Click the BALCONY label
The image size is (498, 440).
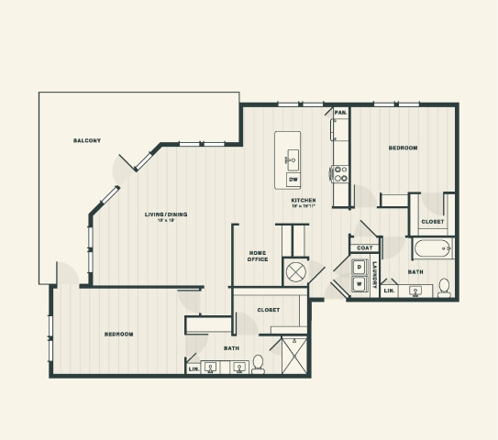coord(87,140)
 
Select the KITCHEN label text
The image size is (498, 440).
coord(304,200)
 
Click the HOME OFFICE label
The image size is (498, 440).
coord(258,257)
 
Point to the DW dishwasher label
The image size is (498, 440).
coord(293,179)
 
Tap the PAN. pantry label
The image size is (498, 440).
coord(340,112)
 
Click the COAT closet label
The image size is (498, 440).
coord(363,247)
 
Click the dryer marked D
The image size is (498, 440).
coord(359,268)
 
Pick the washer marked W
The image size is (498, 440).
coord(359,284)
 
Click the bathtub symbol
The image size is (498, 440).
coord(432,248)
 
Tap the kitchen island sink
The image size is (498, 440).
coord(290,159)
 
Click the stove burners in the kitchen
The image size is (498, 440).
coord(340,173)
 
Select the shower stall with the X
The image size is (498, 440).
coord(293,356)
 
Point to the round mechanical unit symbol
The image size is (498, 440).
coord(296,272)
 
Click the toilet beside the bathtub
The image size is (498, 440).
coord(444,288)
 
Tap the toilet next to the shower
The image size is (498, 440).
coord(259,365)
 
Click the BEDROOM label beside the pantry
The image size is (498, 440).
coord(403,148)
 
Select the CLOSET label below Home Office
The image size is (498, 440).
coord(268,310)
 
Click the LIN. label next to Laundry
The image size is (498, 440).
coord(389,291)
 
